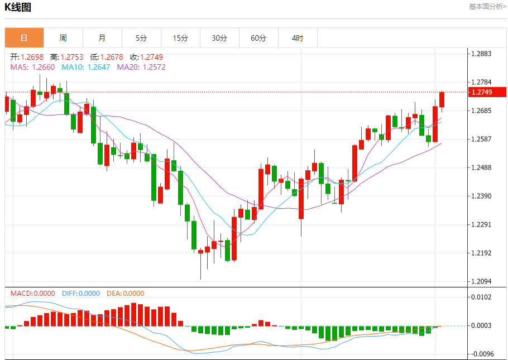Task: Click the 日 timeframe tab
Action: pyautogui.click(x=24, y=38)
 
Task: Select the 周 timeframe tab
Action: pyautogui.click(x=63, y=38)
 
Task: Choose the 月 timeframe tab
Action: pyautogui.click(x=102, y=38)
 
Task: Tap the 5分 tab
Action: pyautogui.click(x=141, y=38)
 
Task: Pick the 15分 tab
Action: pyautogui.click(x=180, y=38)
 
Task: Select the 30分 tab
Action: pyautogui.click(x=219, y=38)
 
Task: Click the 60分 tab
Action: pyautogui.click(x=258, y=38)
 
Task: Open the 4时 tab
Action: pyautogui.click(x=298, y=38)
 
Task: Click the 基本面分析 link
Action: pyautogui.click(x=487, y=7)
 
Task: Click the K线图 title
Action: pyautogui.click(x=18, y=7)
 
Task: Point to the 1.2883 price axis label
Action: pyautogui.click(x=481, y=54)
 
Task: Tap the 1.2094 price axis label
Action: pyautogui.click(x=481, y=281)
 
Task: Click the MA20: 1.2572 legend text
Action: pyautogui.click(x=141, y=67)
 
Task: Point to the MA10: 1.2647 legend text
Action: pyautogui.click(x=85, y=67)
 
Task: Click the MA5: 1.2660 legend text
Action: pyautogui.click(x=32, y=67)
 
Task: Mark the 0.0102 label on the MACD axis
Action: pyautogui.click(x=481, y=297)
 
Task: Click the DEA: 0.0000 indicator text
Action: pyautogui.click(x=125, y=293)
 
